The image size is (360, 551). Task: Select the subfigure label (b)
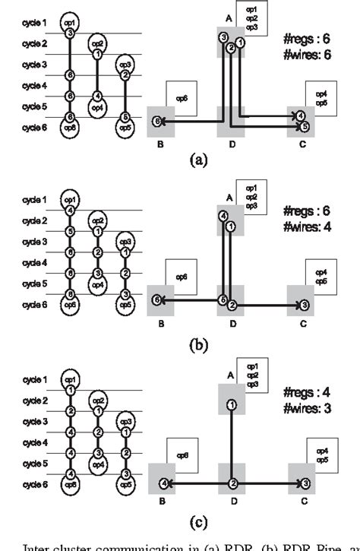(x=197, y=343)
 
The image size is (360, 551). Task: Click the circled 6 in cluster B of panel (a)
(x=157, y=120)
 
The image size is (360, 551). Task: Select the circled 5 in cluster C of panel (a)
(x=305, y=126)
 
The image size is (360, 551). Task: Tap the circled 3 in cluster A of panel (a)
(x=223, y=37)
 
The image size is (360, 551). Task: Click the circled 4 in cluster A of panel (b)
(x=223, y=216)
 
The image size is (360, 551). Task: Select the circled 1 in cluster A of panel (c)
(x=231, y=404)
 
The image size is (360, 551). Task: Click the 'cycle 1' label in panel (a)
(x=35, y=23)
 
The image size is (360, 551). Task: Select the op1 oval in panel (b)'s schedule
(x=70, y=199)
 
